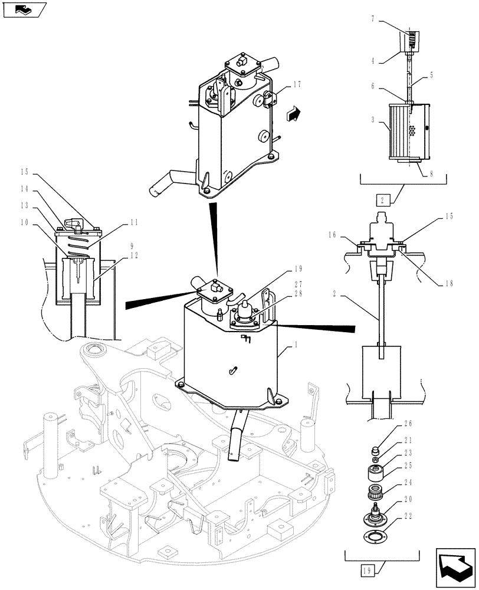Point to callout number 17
[296, 84]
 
